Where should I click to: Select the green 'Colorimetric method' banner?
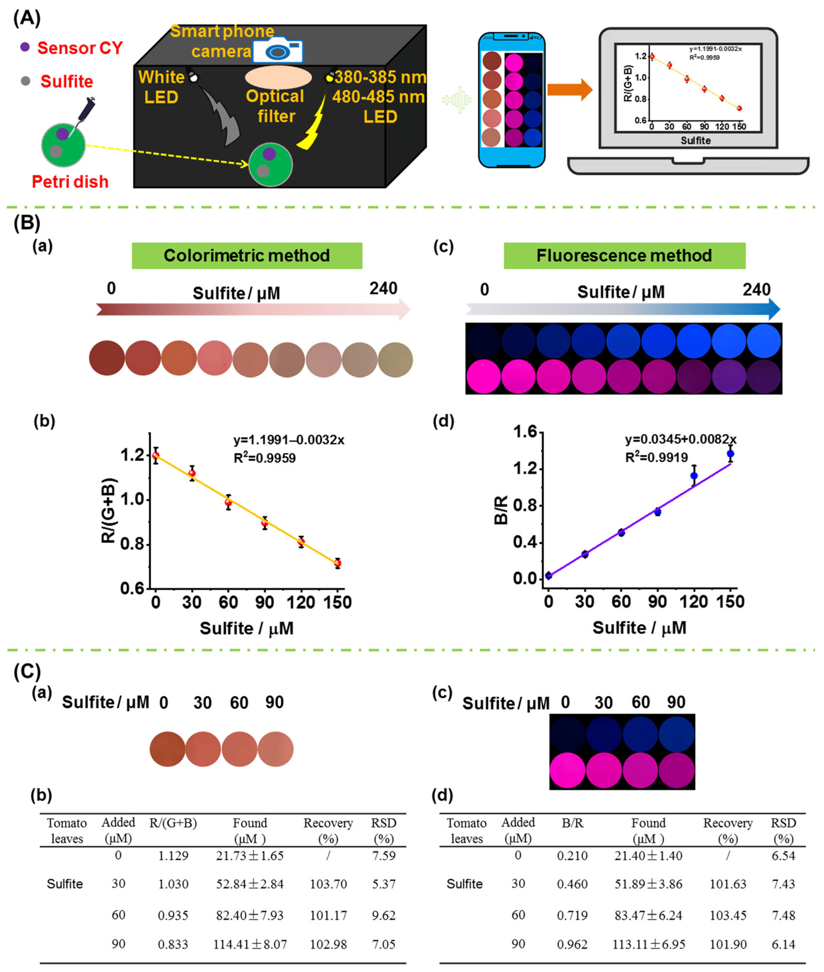point(247,255)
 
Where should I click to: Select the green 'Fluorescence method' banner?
point(624,255)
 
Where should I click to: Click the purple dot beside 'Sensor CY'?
point(25,47)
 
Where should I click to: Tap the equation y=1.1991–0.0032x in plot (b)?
point(289,439)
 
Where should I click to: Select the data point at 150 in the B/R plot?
point(730,454)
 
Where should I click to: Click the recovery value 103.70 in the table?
point(328,884)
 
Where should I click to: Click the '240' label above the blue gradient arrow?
point(756,290)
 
